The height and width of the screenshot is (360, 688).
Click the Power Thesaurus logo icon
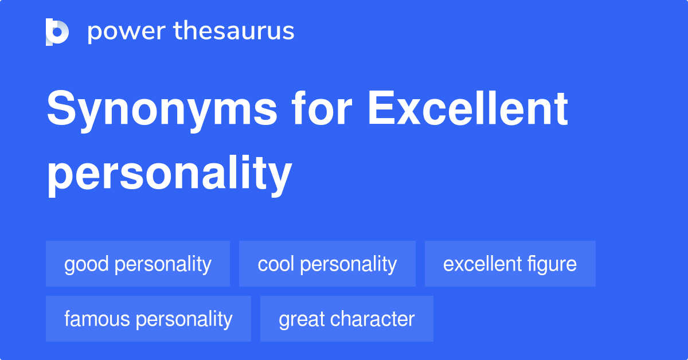point(57,32)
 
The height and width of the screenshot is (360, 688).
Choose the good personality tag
point(138,264)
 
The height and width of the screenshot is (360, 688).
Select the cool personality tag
point(327,264)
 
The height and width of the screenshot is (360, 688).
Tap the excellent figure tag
point(510,264)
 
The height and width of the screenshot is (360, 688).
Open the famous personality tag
point(148,319)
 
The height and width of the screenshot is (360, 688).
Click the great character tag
point(346,319)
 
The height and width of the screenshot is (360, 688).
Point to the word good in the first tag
point(87,264)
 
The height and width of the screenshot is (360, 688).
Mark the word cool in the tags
point(276,264)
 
